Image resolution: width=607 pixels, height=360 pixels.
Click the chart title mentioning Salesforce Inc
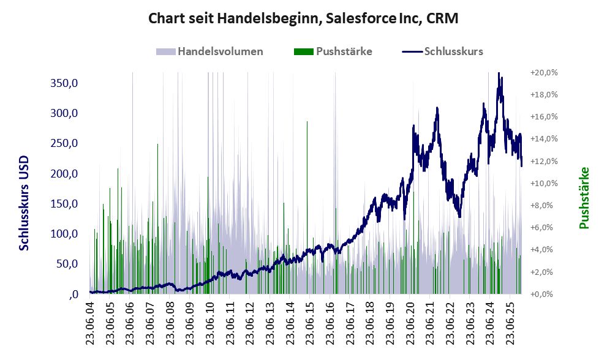pos(303,19)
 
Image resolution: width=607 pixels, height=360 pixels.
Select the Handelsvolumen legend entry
pos(220,51)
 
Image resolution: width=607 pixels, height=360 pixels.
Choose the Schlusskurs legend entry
pos(453,51)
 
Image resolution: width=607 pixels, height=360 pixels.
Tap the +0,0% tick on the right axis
pos(543,294)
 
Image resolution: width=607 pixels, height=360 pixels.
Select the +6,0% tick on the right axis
pos(543,227)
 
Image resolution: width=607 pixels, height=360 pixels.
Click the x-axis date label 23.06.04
pos(89,324)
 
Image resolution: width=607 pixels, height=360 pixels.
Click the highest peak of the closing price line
pos(499,75)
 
